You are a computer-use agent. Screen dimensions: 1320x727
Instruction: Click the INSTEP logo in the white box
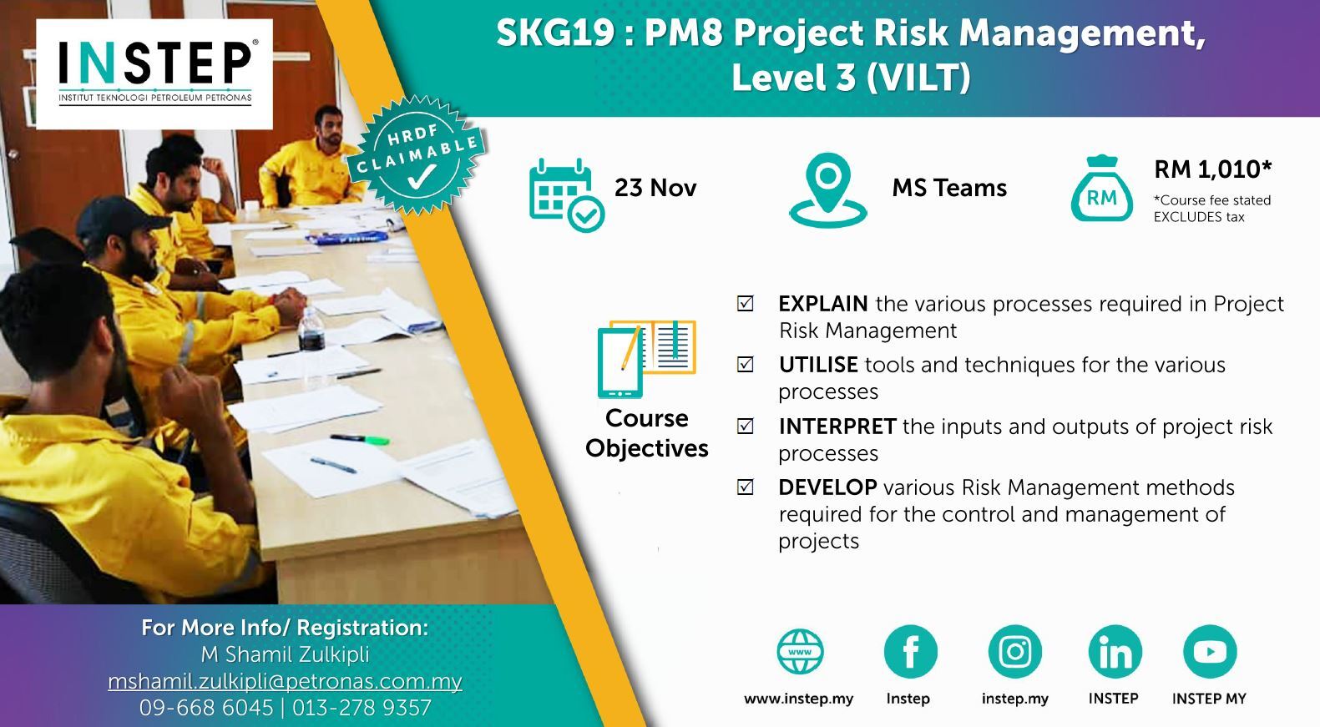coord(155,73)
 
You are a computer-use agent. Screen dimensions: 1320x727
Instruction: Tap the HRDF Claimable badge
coord(417,155)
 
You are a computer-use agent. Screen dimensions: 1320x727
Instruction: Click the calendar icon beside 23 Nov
coord(566,195)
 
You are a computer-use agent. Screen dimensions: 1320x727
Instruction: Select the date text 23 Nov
coord(655,188)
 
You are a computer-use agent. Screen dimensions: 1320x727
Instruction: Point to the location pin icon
coord(828,189)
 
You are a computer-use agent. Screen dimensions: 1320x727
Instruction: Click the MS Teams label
coord(949,188)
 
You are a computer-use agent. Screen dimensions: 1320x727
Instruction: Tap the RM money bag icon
coord(1101,189)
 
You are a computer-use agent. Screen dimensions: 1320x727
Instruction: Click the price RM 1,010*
coord(1213,169)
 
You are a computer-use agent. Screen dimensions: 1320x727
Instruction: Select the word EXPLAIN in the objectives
coord(822,304)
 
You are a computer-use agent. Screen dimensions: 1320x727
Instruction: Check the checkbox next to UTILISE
coord(746,365)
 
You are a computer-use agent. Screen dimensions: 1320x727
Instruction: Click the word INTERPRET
coord(837,427)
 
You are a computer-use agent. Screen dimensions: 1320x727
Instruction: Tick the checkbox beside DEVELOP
coord(746,487)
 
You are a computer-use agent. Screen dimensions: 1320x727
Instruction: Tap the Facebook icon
coord(910,652)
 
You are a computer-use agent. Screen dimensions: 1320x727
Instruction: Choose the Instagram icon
coord(1014,652)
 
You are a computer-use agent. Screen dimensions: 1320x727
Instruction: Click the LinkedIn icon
coord(1115,652)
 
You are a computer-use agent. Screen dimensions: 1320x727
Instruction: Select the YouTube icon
coord(1210,652)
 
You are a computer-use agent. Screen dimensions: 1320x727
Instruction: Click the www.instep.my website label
coord(798,699)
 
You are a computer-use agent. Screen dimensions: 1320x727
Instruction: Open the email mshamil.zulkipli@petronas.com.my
coord(285,681)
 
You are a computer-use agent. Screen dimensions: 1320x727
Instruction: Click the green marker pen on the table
coord(360,439)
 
